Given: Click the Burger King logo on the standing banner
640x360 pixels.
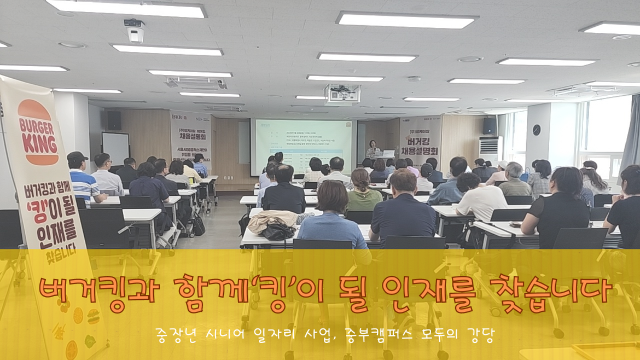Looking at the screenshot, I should pyautogui.click(x=38, y=133).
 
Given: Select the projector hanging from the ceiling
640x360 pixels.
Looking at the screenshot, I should pyautogui.click(x=342, y=94).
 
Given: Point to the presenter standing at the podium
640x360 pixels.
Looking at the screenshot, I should pyautogui.click(x=374, y=149).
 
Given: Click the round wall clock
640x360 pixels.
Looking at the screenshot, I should pyautogui.click(x=536, y=130).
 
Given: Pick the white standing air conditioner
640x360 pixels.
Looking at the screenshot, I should pyautogui.click(x=490, y=152).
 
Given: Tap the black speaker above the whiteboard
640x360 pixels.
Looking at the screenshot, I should pyautogui.click(x=114, y=120).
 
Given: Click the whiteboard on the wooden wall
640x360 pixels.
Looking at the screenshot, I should pyautogui.click(x=115, y=148).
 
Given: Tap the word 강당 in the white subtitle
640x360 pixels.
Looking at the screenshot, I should pyautogui.click(x=479, y=333).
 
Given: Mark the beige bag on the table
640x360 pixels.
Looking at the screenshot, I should pyautogui.click(x=272, y=220).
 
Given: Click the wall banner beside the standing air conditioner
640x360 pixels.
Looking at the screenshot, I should pyautogui.click(x=420, y=140).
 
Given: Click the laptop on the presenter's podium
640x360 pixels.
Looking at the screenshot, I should pyautogui.click(x=388, y=153).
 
